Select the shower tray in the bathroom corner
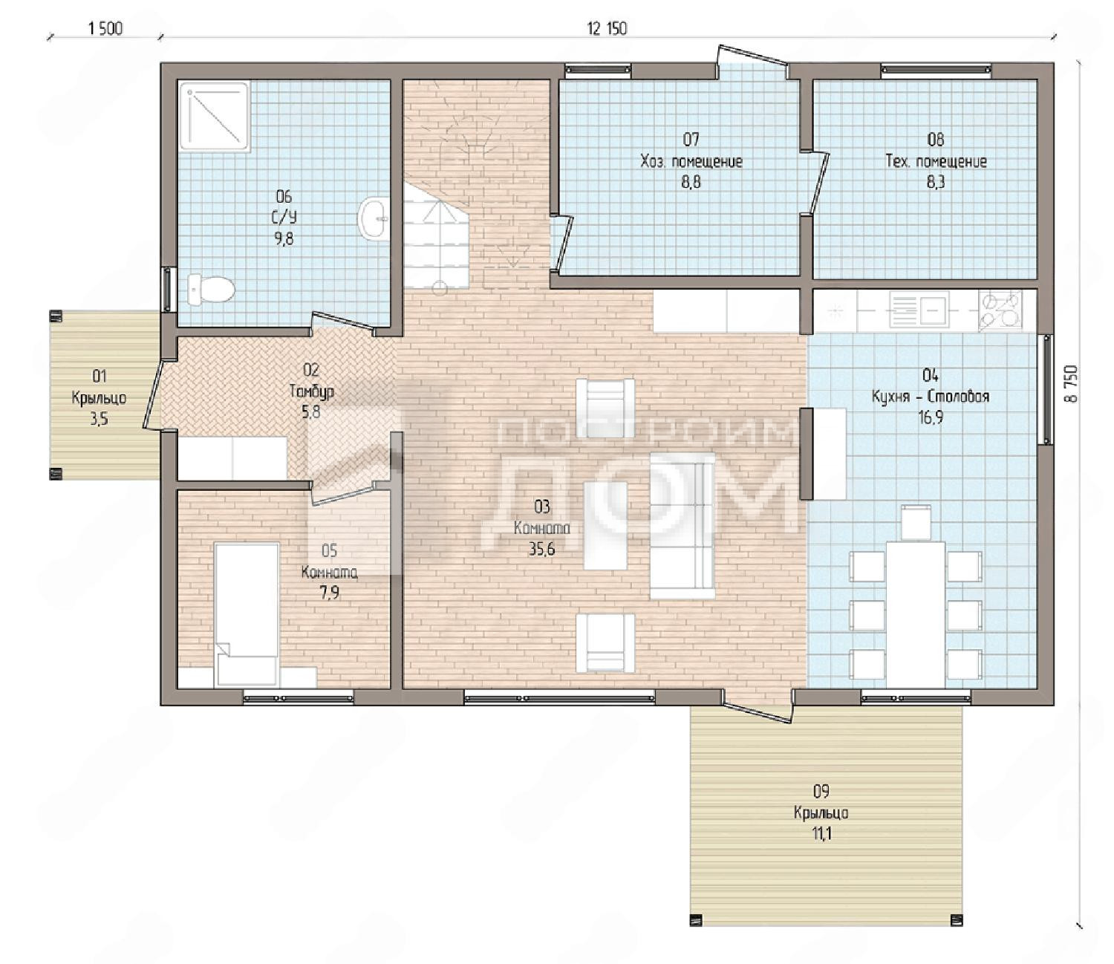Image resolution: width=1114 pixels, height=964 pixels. pyautogui.click(x=215, y=117)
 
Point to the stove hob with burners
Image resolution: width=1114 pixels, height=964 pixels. pyautogui.click(x=1001, y=310)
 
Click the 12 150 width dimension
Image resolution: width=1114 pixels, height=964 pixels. pyautogui.click(x=607, y=28)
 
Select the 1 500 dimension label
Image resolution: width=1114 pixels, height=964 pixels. pyautogui.click(x=105, y=28)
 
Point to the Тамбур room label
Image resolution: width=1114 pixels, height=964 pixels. pyautogui.click(x=311, y=391)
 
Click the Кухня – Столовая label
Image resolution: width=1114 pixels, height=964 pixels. pyautogui.click(x=931, y=397)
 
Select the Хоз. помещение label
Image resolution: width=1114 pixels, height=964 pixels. pyautogui.click(x=691, y=161)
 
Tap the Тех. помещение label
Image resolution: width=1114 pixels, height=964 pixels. pyautogui.click(x=937, y=161)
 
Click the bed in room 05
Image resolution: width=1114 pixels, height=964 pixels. pyautogui.click(x=247, y=614)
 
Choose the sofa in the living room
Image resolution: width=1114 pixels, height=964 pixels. pyautogui.click(x=683, y=526)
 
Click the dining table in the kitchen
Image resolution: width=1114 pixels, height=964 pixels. pyautogui.click(x=916, y=614)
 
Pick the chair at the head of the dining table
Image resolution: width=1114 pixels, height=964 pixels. pyautogui.click(x=916, y=521)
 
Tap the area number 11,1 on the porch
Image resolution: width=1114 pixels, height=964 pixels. pyautogui.click(x=821, y=834)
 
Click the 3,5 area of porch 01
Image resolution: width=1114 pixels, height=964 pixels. pyautogui.click(x=100, y=419)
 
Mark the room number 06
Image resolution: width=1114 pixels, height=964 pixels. pyautogui.click(x=284, y=196)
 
